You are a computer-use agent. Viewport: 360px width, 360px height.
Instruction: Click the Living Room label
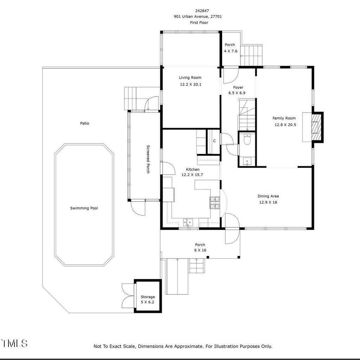pyautogui.click(x=190, y=78)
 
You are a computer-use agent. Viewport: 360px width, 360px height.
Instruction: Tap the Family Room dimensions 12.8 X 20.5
pyautogui.click(x=285, y=125)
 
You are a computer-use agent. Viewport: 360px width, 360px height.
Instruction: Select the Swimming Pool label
pyautogui.click(x=84, y=208)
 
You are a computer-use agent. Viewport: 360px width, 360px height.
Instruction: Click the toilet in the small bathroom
pyautogui.click(x=247, y=139)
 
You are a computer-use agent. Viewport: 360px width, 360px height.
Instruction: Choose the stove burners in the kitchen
pyautogui.click(x=215, y=203)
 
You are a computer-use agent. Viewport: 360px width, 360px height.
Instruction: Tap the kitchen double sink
pyautogui.click(x=188, y=222)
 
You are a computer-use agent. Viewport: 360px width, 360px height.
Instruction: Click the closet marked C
pyautogui.click(x=214, y=141)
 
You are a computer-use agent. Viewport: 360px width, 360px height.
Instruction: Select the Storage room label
pyautogui.click(x=148, y=297)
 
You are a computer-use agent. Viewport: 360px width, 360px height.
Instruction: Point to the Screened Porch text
pyautogui.click(x=148, y=159)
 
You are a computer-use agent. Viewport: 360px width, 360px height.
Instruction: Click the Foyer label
pyautogui.click(x=238, y=88)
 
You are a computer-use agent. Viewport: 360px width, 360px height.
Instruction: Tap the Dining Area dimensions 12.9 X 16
pyautogui.click(x=268, y=202)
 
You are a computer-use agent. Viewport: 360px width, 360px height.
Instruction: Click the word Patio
pyautogui.click(x=84, y=123)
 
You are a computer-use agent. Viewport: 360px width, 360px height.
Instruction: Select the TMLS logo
pyautogui.click(x=14, y=343)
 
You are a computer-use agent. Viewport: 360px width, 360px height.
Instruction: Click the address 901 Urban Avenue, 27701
pyautogui.click(x=198, y=17)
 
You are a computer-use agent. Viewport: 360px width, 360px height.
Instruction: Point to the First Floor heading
pyautogui.click(x=199, y=22)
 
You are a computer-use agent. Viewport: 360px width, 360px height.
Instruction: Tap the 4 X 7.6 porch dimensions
pyautogui.click(x=231, y=51)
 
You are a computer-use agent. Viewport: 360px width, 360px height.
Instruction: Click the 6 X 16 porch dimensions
pyautogui.click(x=200, y=250)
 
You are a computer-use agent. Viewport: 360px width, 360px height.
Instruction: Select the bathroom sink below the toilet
pyautogui.click(x=247, y=161)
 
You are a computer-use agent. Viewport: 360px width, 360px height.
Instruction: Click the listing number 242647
pyautogui.click(x=202, y=11)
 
